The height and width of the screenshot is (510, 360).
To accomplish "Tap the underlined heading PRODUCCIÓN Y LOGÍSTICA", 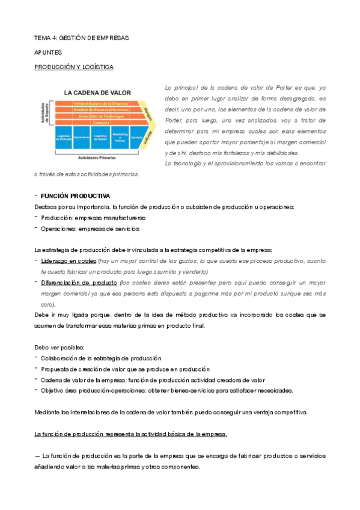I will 73,67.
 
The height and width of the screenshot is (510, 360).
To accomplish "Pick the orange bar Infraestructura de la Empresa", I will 100,103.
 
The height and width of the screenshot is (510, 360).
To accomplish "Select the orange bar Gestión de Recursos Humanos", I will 100,109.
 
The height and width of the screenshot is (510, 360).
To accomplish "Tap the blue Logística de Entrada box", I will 64,137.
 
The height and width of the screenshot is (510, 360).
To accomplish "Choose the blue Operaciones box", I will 82,137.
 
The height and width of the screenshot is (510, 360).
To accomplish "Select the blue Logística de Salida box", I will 100,137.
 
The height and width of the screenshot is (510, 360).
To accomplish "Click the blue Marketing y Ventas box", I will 120,137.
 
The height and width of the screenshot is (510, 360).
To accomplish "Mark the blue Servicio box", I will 136,137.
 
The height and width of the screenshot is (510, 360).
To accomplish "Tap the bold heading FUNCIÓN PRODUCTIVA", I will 75,196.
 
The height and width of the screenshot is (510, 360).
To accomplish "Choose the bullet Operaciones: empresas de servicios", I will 90,229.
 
